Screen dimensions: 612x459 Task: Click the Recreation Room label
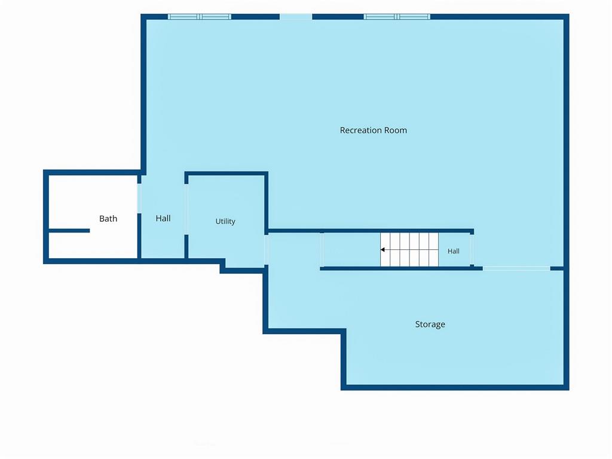point(373,130)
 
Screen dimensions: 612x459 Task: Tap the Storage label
point(430,325)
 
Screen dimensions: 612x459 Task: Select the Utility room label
point(225,221)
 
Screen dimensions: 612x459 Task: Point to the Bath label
point(108,219)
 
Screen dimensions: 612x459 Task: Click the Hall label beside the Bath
point(163,218)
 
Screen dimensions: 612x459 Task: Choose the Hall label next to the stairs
point(453,252)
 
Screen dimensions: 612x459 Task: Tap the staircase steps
point(409,250)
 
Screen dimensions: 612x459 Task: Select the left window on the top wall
point(200,17)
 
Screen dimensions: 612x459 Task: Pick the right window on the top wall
point(397,17)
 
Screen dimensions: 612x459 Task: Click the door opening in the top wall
point(296,17)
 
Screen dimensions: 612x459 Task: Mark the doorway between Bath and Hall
point(139,198)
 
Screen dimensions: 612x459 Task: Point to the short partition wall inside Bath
point(69,231)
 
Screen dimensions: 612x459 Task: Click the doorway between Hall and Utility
point(186,209)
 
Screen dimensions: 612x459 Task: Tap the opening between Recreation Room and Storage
point(516,268)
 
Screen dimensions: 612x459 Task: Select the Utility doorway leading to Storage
point(266,250)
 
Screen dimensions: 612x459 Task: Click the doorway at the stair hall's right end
point(472,250)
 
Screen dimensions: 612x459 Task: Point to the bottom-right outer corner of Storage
point(569,390)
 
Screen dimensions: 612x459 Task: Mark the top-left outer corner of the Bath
point(43,170)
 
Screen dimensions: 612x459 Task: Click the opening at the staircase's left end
point(322,250)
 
